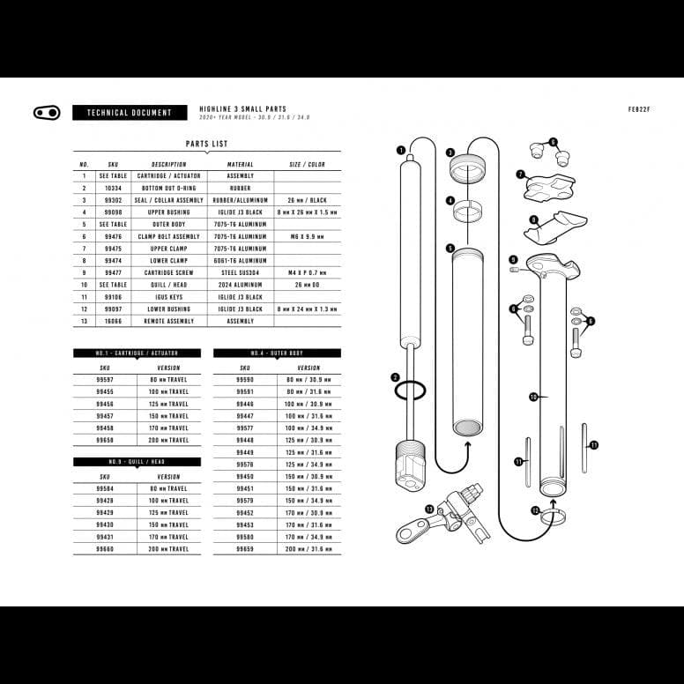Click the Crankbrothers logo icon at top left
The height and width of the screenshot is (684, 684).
(46, 113)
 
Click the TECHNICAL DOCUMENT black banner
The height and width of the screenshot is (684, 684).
(130, 113)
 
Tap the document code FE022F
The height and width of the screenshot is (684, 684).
(638, 110)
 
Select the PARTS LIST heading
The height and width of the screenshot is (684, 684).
(207, 144)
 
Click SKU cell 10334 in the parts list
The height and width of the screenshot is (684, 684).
(113, 188)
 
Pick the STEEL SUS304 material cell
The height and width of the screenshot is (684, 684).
(240, 272)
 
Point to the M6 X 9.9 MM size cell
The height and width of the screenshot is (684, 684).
(307, 236)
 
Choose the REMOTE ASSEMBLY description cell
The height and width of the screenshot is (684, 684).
(168, 321)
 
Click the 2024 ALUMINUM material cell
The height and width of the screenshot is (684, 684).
(240, 285)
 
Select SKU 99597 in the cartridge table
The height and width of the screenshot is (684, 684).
(105, 379)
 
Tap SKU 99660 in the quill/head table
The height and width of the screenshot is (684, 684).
(105, 548)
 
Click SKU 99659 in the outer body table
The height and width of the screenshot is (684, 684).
(245, 548)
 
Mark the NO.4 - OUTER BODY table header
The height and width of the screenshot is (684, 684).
(277, 353)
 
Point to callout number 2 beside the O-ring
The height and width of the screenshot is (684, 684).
(396, 377)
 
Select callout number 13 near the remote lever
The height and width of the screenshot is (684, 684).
(429, 509)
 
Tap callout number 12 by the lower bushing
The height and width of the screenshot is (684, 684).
(535, 510)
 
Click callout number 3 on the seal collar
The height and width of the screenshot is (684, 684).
(450, 152)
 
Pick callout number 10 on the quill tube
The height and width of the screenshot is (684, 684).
(533, 398)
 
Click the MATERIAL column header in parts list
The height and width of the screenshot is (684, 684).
(240, 164)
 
